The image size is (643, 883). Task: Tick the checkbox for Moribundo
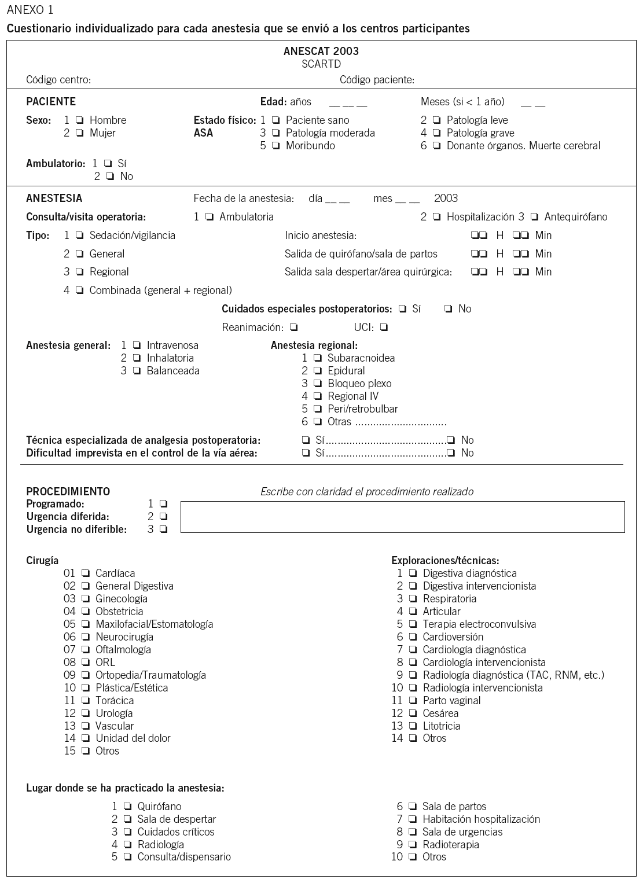coord(275,146)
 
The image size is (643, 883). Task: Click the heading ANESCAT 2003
coord(321,51)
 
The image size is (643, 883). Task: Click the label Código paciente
coord(377,80)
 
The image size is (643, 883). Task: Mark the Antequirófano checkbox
coord(534,217)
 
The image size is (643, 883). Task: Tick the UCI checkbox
coord(384,328)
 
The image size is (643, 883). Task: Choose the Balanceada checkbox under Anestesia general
coord(137,371)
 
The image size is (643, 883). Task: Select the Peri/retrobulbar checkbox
coord(317,409)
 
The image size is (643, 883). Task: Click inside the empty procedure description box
coord(402,517)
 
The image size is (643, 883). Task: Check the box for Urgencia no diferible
coord(163,529)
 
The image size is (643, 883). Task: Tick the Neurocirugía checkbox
coord(85,637)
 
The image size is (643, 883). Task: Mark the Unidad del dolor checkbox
coord(85,738)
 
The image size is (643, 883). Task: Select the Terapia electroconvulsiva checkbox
coord(413,624)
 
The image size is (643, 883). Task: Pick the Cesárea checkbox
coord(413,713)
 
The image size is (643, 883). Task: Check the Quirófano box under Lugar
coord(127,807)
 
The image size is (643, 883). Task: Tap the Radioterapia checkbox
coord(413,845)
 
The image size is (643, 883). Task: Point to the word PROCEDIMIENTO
coord(68,491)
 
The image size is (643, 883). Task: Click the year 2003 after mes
coord(446,198)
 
